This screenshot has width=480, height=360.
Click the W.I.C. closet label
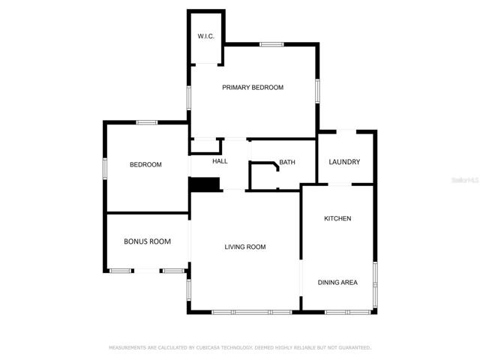click(x=205, y=36)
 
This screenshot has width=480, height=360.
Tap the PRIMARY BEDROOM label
click(x=253, y=88)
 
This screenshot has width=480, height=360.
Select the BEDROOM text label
click(x=145, y=165)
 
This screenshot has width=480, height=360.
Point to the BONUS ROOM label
click(x=147, y=241)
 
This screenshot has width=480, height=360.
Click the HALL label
click(x=220, y=161)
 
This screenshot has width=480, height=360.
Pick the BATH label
click(x=287, y=162)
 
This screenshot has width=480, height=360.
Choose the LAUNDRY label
click(x=344, y=162)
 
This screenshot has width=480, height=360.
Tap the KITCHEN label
click(x=337, y=218)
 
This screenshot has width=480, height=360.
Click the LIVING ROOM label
click(x=245, y=247)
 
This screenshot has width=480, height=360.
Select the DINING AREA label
click(x=337, y=283)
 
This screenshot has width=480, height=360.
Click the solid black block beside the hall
click(x=204, y=184)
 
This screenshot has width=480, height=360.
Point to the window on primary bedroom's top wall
click(x=271, y=45)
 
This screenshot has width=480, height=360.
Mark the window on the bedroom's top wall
click(x=147, y=123)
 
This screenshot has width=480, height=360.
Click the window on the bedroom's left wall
click(x=105, y=169)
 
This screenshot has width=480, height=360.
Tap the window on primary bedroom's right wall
click(x=317, y=91)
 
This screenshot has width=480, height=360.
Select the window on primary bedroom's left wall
click(x=189, y=97)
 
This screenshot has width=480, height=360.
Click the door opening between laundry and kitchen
click(x=340, y=184)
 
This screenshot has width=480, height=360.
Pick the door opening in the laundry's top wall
click(x=346, y=132)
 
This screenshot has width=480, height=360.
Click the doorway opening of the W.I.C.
click(x=207, y=64)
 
